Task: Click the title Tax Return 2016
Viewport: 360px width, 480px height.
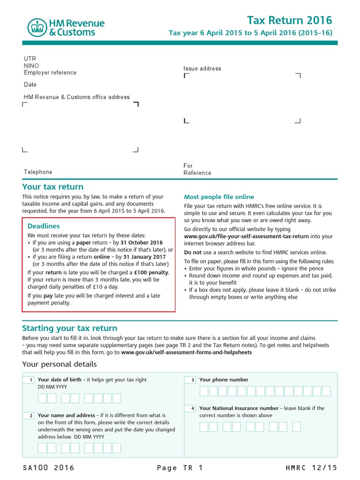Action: coord(289,20)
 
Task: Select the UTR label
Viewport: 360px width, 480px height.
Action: coord(30,59)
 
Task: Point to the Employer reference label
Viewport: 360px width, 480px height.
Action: coord(50,73)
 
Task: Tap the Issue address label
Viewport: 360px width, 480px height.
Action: coord(202,68)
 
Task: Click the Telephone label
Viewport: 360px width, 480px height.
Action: coord(38,172)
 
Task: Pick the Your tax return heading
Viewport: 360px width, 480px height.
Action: coord(53,187)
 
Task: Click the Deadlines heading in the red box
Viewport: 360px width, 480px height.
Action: coord(44,226)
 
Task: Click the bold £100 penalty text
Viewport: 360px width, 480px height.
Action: coord(149,272)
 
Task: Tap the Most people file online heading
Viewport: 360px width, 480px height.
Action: coord(219,197)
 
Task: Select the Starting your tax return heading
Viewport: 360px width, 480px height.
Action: coord(70,328)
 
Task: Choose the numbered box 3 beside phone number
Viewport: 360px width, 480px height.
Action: coord(191,380)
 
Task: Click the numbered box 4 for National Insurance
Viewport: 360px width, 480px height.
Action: coord(191,408)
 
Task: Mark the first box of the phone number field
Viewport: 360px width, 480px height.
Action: coord(204,391)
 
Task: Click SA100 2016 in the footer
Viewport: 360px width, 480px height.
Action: coord(48,468)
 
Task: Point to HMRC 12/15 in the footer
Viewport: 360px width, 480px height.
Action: coord(311,468)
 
